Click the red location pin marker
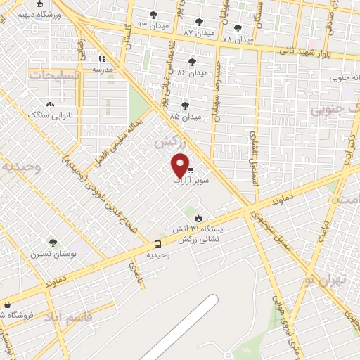[181, 165]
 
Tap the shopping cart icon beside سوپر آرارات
[191, 169]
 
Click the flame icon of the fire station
[199, 218]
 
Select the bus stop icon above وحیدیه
[157, 244]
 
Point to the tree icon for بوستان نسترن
[52, 242]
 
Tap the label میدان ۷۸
[238, 39]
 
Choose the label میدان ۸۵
[186, 116]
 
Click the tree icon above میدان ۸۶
[192, 62]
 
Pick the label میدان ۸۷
[198, 32]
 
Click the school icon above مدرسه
[103, 59]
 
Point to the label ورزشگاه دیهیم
[33, 14]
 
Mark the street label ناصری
[133, 270]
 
